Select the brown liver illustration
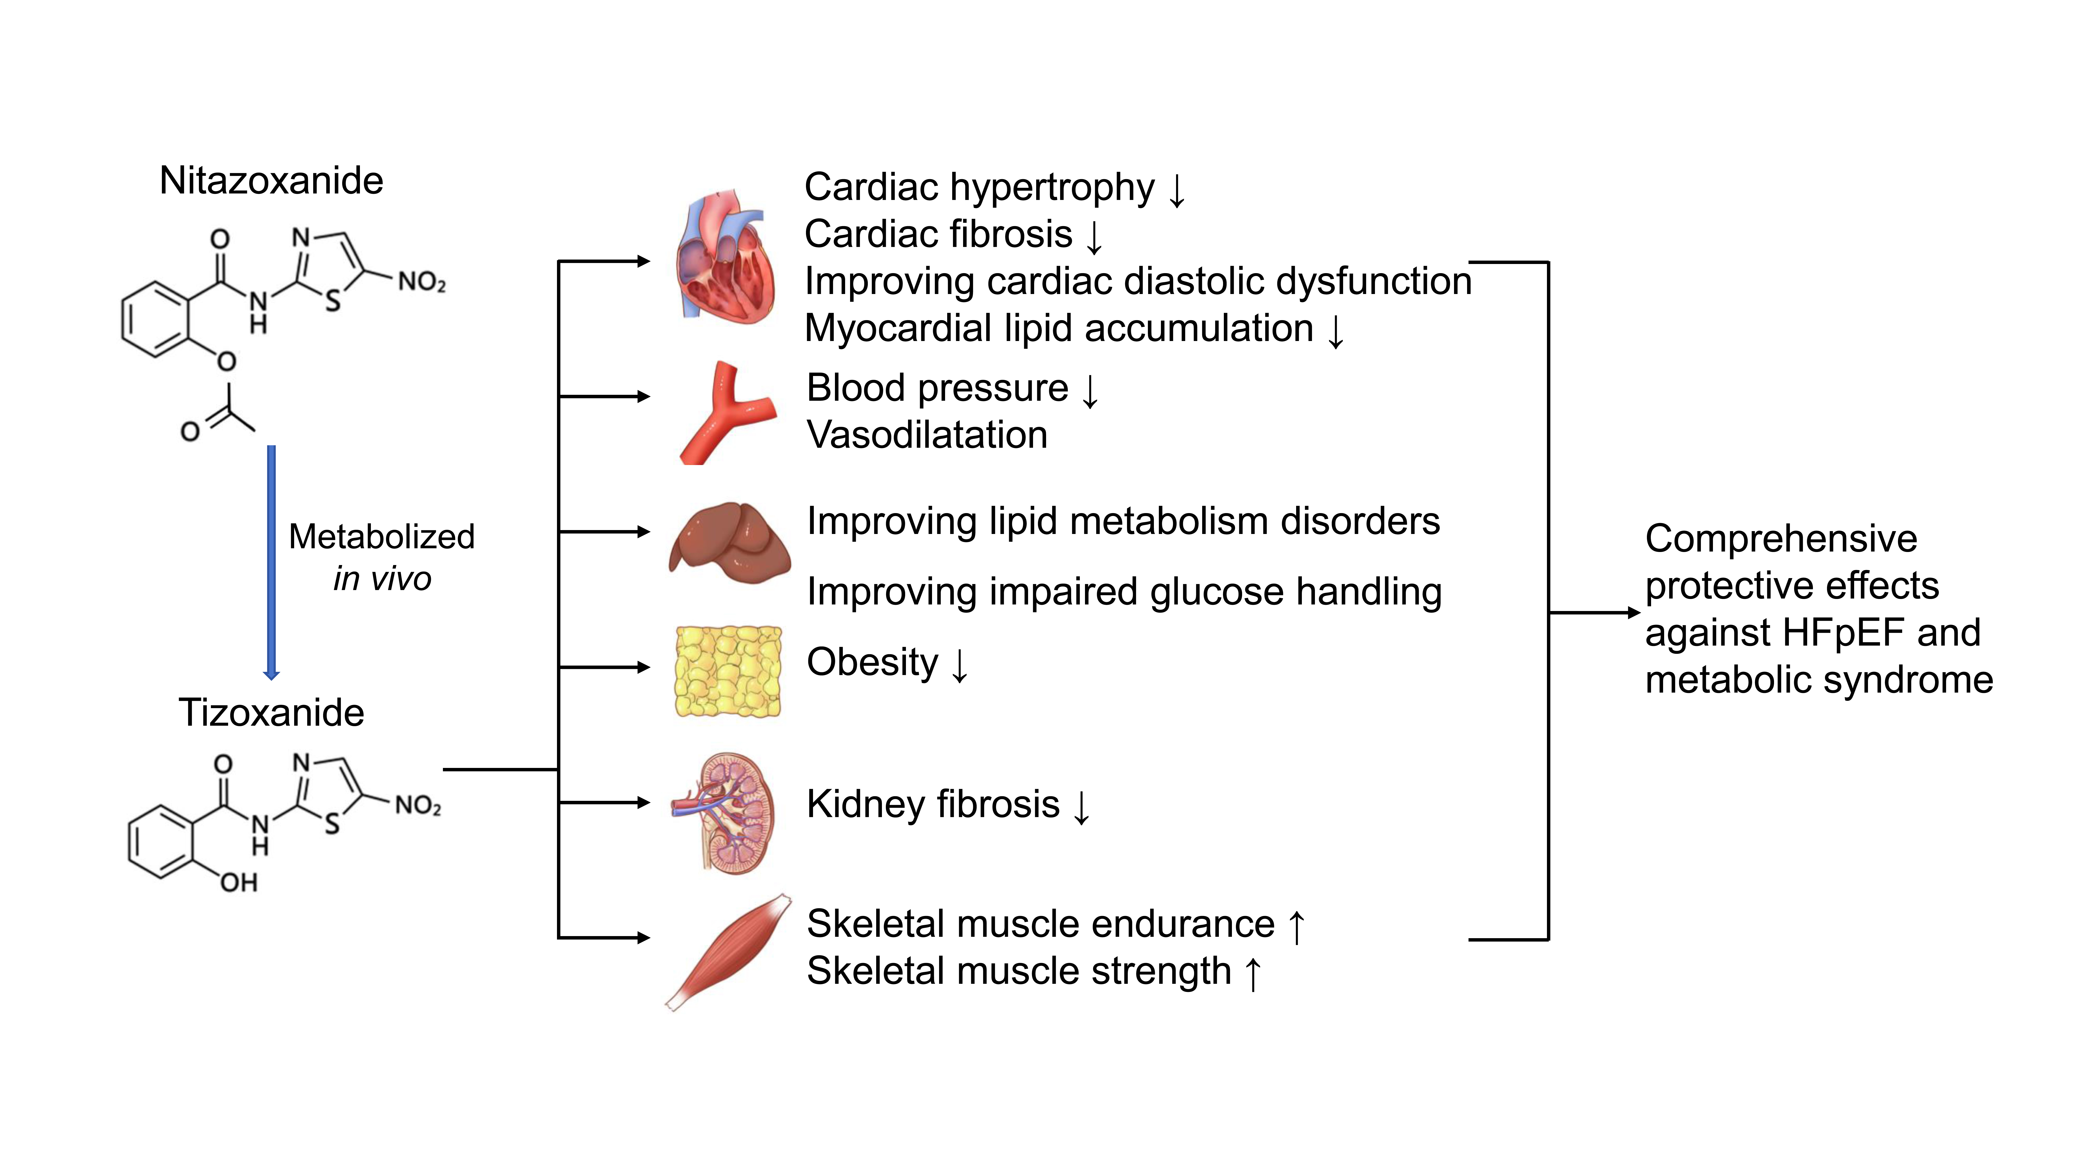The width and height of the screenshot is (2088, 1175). [729, 542]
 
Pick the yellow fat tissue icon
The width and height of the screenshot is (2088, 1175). [728, 671]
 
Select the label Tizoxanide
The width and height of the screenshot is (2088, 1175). [271, 713]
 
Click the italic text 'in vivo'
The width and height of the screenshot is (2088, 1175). [382, 579]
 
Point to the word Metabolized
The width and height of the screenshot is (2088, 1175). [381, 537]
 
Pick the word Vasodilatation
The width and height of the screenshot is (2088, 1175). [927, 435]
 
